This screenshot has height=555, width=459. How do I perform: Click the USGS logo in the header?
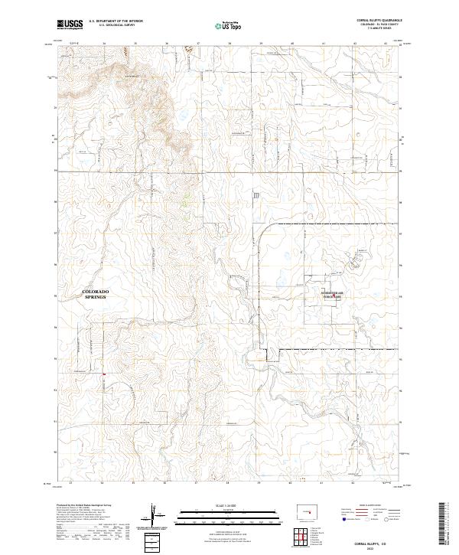[x=70, y=24]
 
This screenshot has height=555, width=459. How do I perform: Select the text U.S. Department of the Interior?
[x=116, y=21]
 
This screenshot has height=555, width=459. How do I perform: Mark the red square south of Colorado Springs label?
[x=104, y=374]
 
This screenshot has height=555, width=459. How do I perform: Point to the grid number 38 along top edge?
[x=229, y=43]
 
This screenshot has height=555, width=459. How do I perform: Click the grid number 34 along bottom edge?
[x=102, y=484]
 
